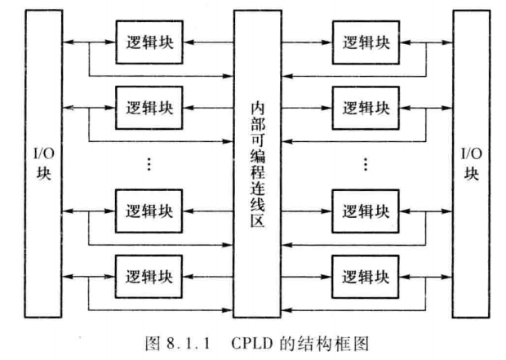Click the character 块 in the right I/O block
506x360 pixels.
click(x=470, y=174)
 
